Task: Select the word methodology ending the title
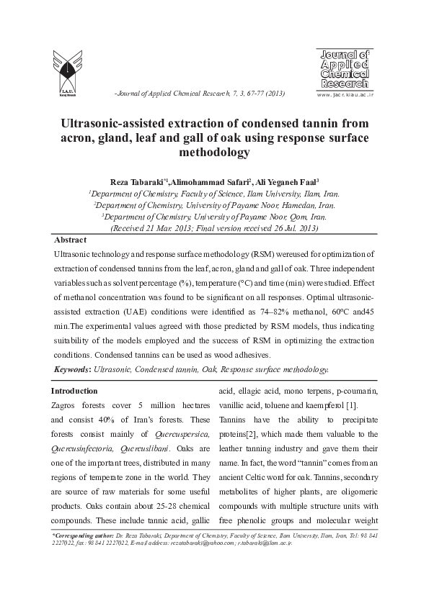coord(214,152)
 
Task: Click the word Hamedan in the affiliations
coord(273,205)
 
